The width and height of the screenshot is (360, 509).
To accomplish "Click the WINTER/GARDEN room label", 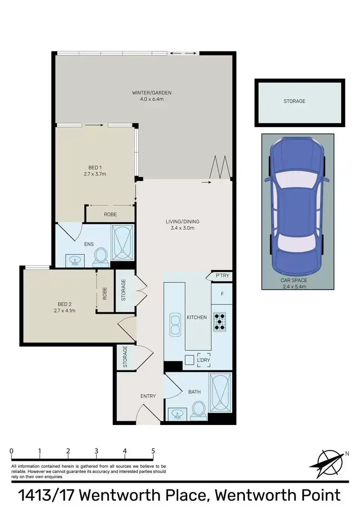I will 152,93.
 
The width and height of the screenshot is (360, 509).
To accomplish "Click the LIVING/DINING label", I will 182,222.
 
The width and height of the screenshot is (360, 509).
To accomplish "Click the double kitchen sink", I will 174,325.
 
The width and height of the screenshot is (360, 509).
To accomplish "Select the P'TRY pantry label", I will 221,276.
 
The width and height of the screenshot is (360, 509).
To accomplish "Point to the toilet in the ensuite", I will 101,255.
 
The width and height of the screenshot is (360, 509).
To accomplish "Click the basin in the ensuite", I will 75,260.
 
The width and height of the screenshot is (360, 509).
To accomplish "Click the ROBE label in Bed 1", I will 110,214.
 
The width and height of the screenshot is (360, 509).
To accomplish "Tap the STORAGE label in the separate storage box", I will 294,101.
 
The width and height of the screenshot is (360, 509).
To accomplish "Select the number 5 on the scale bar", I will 153,451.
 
